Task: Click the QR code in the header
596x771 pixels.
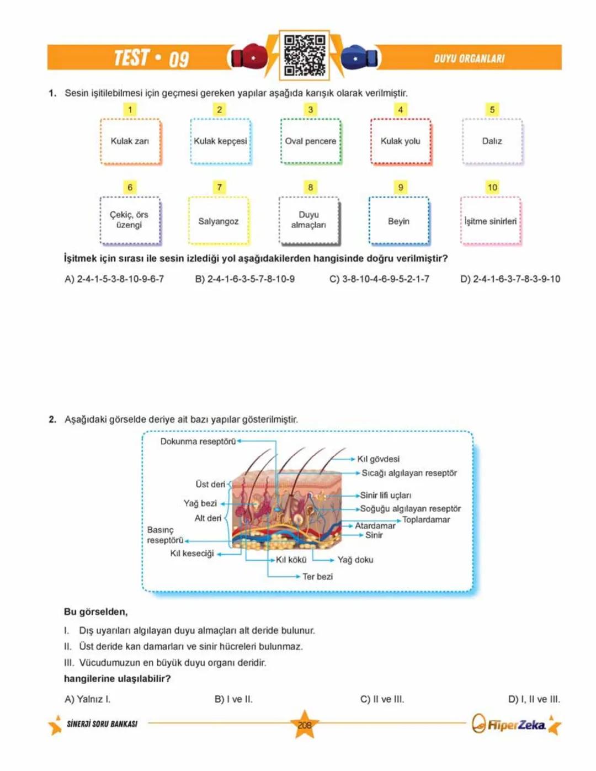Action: click(304, 55)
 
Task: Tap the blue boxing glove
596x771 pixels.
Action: click(359, 57)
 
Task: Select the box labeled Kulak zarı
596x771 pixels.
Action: click(130, 141)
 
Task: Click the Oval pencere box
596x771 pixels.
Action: click(311, 141)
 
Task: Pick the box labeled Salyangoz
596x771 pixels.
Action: click(219, 221)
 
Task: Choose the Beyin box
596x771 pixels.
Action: click(398, 221)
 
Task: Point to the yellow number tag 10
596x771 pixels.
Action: click(492, 187)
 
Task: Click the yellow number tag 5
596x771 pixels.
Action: click(492, 109)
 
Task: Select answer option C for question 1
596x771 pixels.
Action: click(379, 279)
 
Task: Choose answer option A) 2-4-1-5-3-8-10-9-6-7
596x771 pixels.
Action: click(114, 279)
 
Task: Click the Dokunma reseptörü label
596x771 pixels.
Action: click(198, 442)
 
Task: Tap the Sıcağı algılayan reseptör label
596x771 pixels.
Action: click(409, 473)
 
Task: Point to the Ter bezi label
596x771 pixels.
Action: click(317, 576)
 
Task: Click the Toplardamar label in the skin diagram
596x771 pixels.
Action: click(426, 519)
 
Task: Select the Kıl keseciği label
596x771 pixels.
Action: click(191, 553)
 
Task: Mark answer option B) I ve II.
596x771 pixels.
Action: click(233, 699)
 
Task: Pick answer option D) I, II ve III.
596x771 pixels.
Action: click(534, 699)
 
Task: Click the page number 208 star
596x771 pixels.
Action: click(305, 725)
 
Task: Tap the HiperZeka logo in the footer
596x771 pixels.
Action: click(510, 725)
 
